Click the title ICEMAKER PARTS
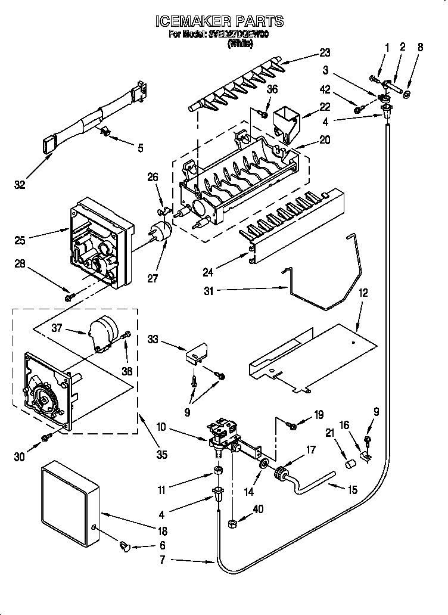(x=219, y=22)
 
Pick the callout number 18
(x=163, y=532)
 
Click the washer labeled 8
(x=407, y=94)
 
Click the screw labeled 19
(x=293, y=424)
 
